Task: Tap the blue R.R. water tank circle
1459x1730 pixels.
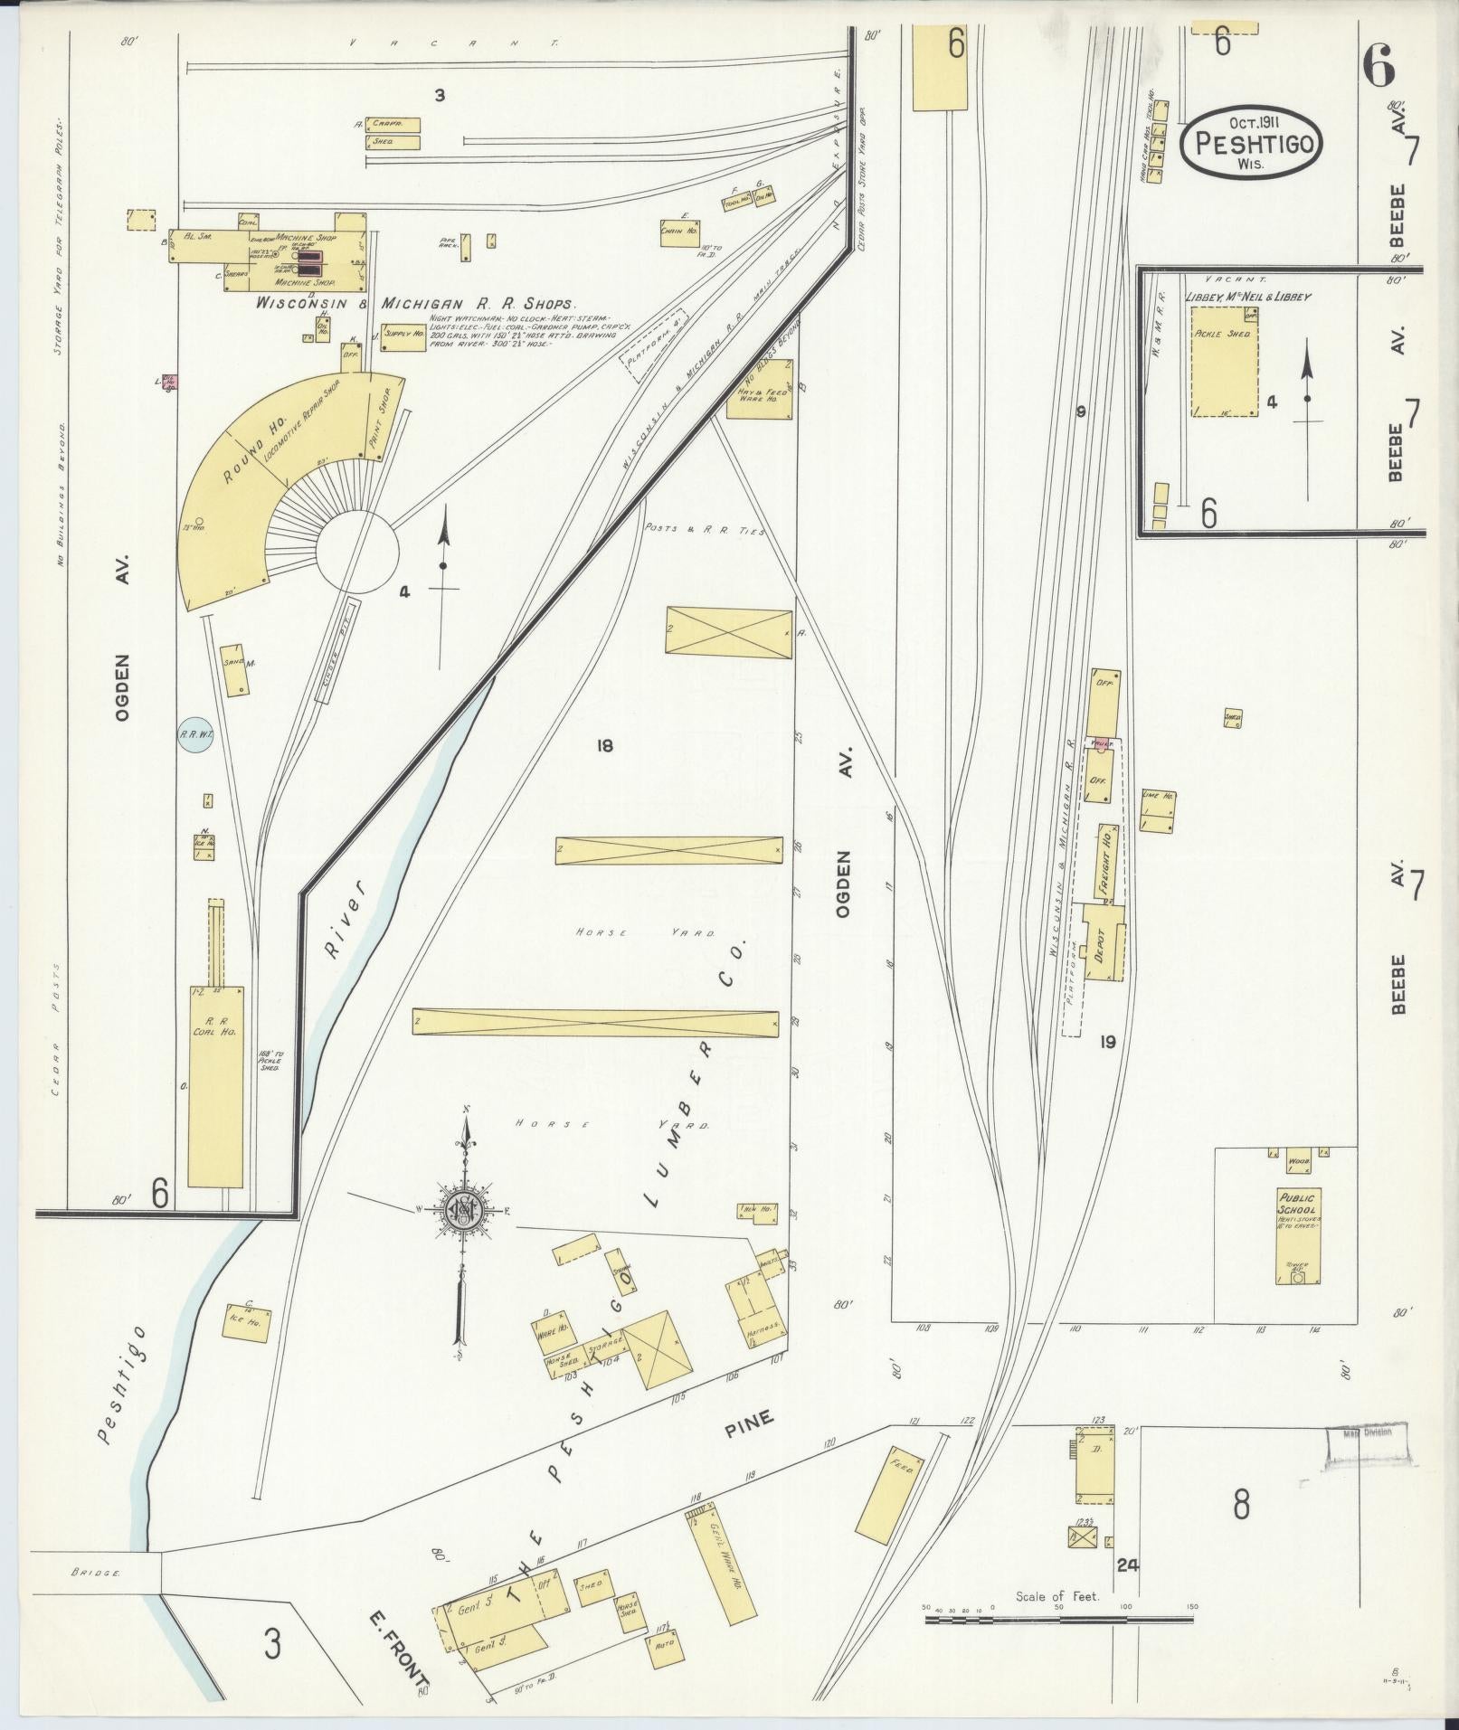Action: coord(195,735)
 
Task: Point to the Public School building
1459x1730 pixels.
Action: coord(1299,1234)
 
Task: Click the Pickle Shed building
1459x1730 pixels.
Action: coord(1224,361)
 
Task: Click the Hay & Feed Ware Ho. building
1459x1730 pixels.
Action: coord(761,389)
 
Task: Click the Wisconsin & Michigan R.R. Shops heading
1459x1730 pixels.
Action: coord(416,305)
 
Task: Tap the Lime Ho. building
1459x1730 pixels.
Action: coord(1159,811)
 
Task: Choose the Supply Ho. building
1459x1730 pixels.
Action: coord(403,334)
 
